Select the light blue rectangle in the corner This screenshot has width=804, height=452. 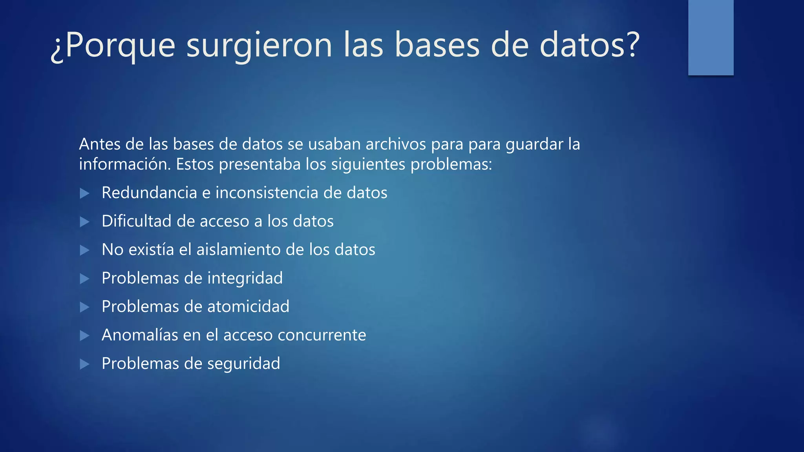711,37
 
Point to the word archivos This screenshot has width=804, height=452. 396,144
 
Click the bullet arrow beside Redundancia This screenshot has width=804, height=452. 84,193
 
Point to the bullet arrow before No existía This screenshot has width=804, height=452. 84,250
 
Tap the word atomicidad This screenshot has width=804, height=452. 248,306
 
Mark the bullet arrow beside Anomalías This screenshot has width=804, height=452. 84,335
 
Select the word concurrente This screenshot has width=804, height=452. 322,335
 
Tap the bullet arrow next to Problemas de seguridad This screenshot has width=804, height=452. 84,364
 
